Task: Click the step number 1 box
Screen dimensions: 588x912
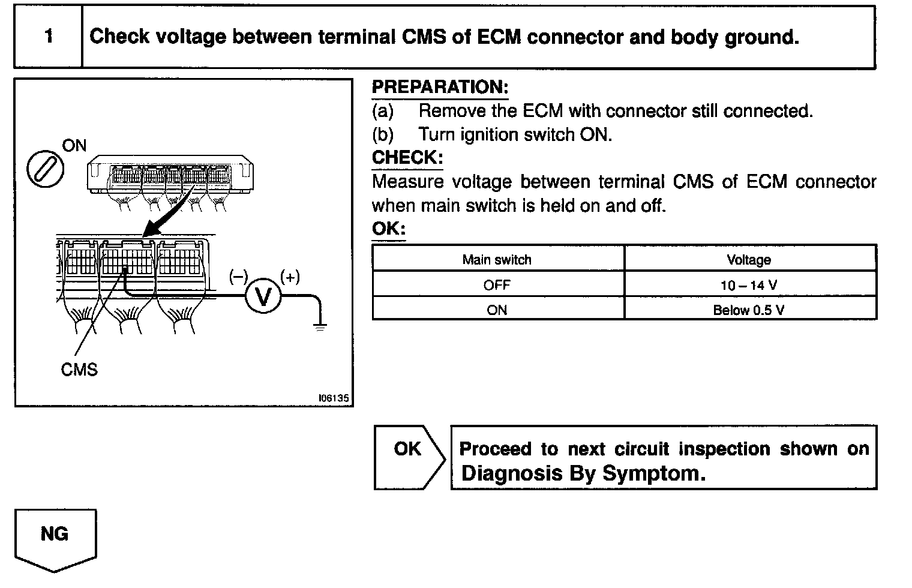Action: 48,37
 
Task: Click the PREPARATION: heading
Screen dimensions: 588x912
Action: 440,87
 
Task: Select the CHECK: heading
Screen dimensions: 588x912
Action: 407,158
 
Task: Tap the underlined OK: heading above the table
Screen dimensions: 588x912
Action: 388,229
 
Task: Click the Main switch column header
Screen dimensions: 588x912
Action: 497,260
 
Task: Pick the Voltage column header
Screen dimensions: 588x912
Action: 749,260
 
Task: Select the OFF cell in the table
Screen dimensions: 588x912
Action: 497,285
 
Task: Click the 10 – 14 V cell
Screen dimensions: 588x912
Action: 749,285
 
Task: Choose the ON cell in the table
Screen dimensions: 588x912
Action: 497,310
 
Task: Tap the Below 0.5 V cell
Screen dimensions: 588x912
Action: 749,310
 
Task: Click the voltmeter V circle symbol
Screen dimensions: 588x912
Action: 263,296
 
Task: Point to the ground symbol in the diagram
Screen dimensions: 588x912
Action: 320,327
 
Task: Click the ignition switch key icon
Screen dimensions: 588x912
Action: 46,168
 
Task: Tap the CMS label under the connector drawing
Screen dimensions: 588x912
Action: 79,370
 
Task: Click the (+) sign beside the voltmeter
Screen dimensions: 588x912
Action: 290,277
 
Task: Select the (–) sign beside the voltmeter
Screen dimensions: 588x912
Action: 238,277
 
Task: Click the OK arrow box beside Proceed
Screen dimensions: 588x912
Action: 408,456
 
